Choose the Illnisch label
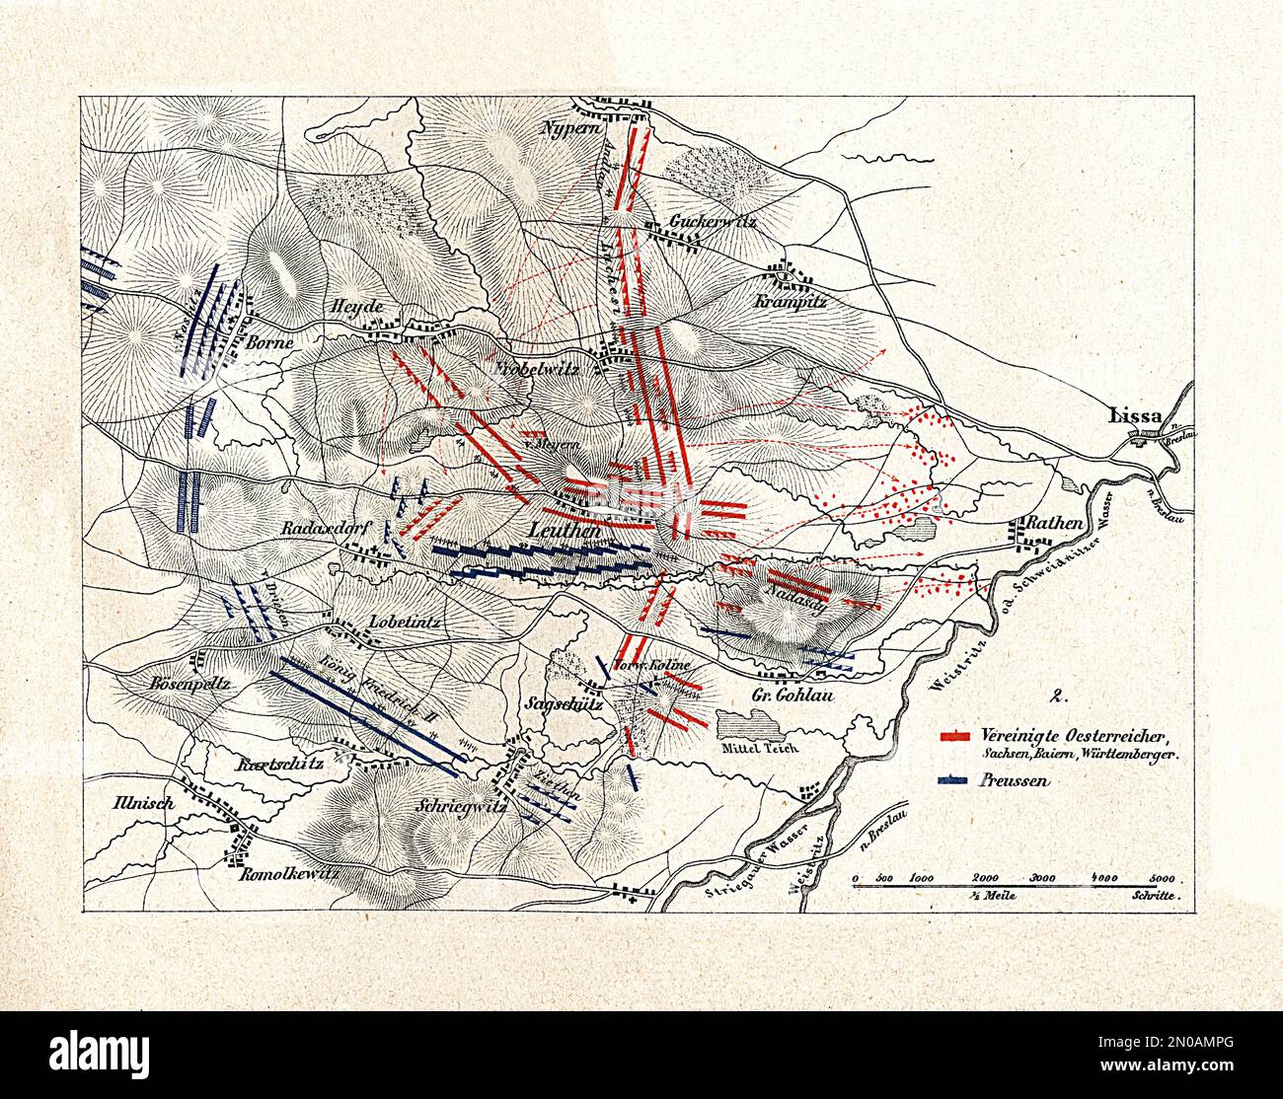click(142, 803)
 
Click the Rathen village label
click(1056, 523)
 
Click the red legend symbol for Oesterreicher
click(958, 735)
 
